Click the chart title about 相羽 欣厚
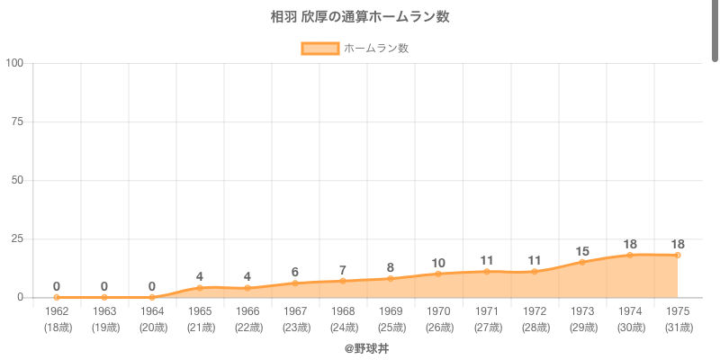tap(360, 16)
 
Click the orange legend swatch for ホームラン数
tap(319, 49)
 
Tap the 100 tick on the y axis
tap(14, 63)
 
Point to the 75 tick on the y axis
tap(17, 121)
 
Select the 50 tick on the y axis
tap(17, 180)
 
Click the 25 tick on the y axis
tap(17, 238)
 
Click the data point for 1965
tap(200, 288)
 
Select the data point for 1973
tap(581, 262)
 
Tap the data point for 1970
tap(438, 274)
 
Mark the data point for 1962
tap(57, 297)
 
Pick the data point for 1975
tap(677, 255)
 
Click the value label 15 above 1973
tap(581, 251)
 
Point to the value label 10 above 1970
tap(438, 263)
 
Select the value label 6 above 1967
tap(295, 272)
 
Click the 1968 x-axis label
tap(343, 310)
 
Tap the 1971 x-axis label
tap(486, 310)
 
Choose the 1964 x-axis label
tap(152, 310)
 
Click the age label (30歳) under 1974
tap(629, 327)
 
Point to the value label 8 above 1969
tap(391, 267)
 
